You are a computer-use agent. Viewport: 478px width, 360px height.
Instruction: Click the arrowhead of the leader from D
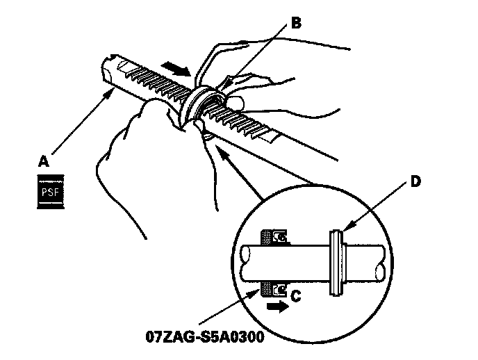[x=345, y=229]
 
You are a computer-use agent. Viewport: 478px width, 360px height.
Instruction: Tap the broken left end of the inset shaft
[x=240, y=263]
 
